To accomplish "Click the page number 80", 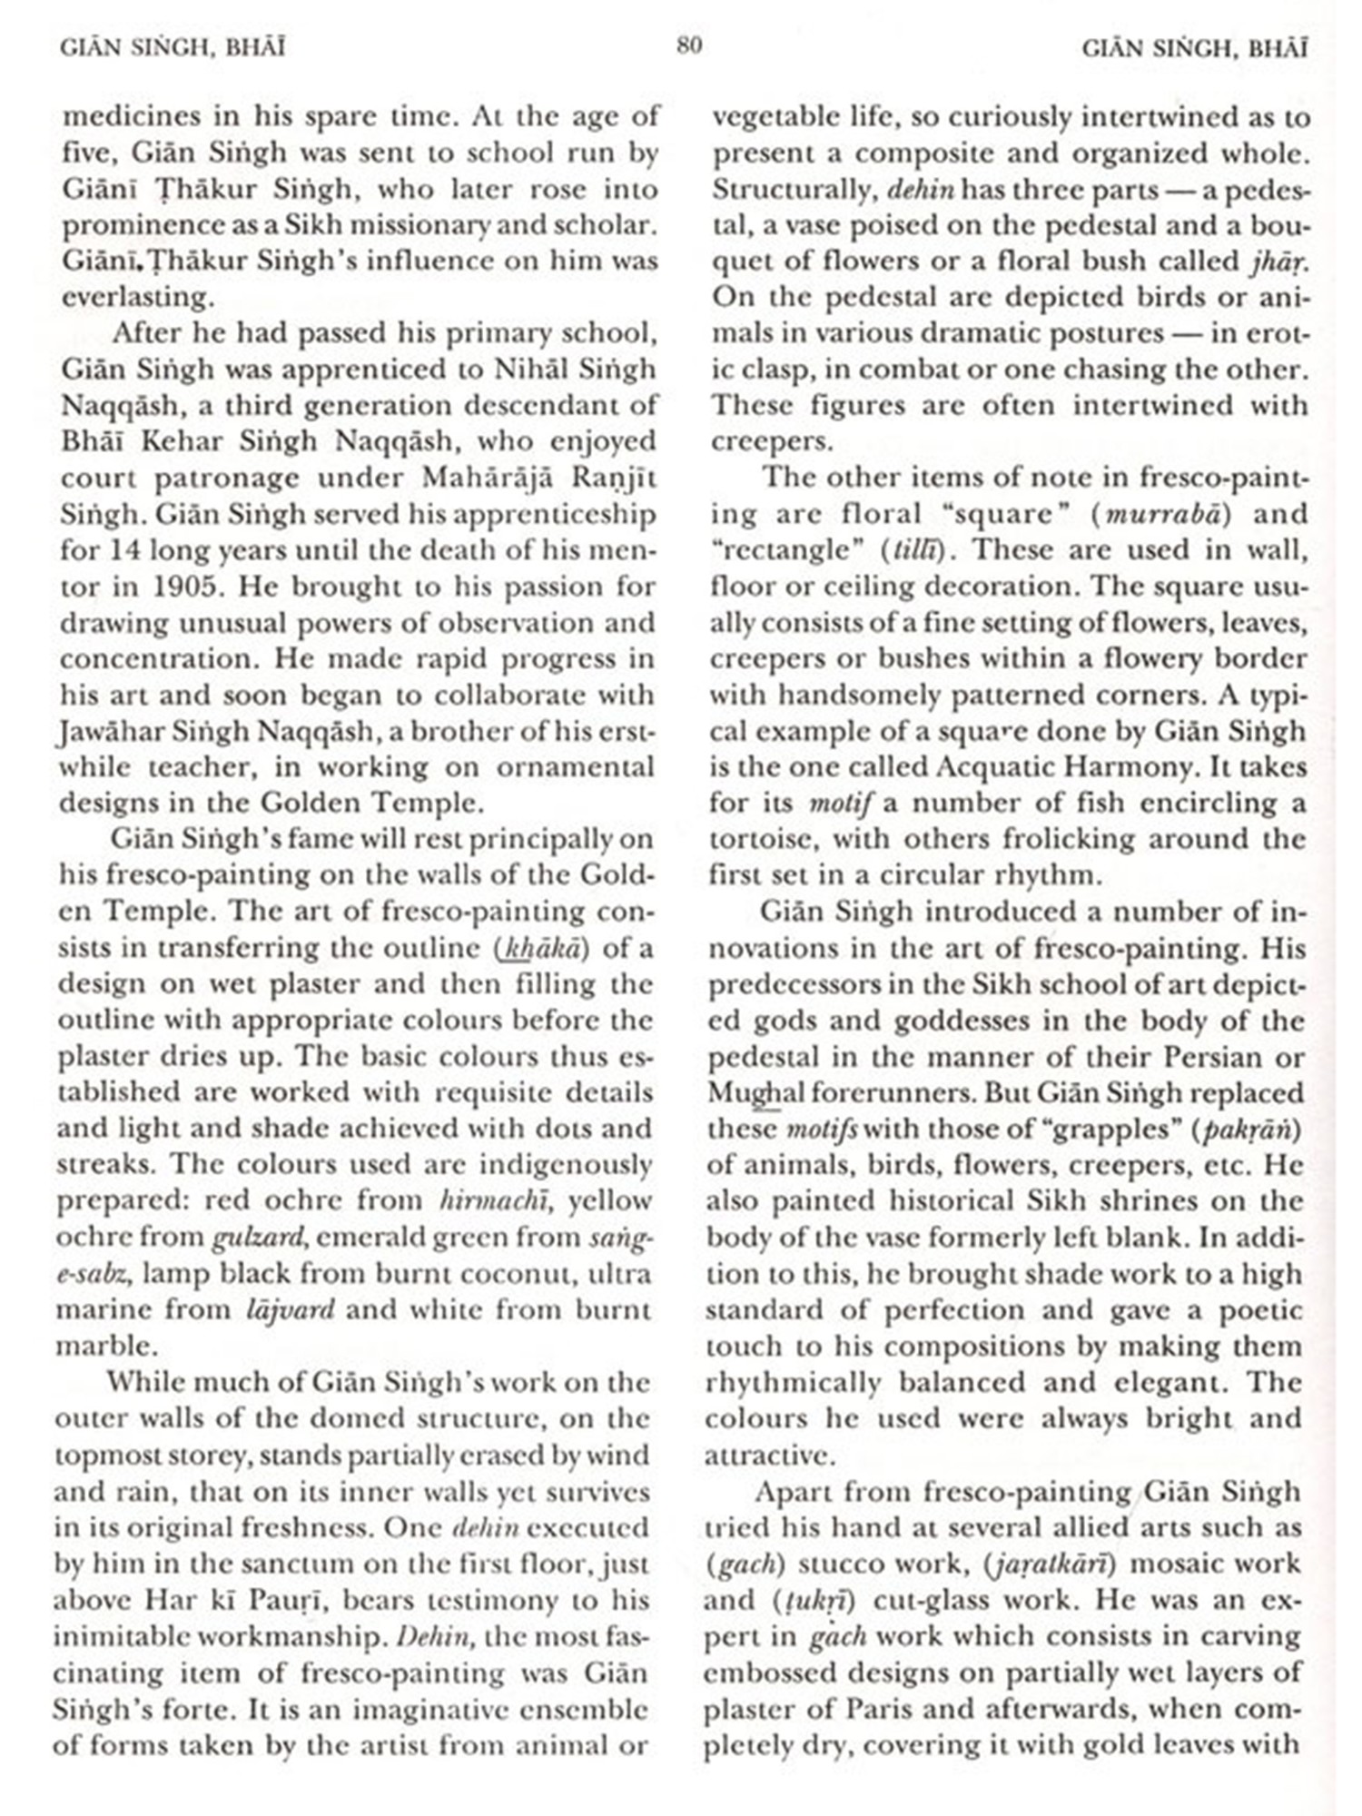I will [x=689, y=45].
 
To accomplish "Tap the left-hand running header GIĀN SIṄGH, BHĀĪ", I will [x=173, y=47].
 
